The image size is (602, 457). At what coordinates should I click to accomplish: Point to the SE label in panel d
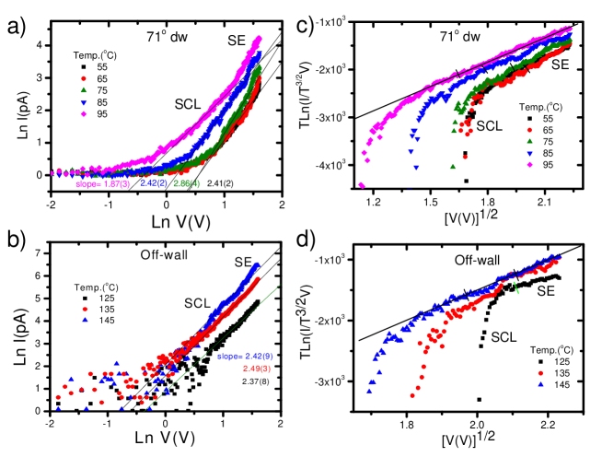pos(541,291)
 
